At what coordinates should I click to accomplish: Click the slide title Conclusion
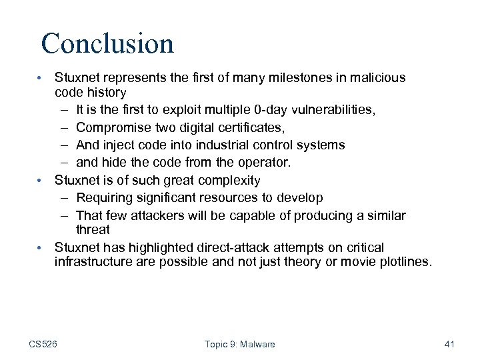(x=107, y=44)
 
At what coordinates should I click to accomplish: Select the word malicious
(x=374, y=78)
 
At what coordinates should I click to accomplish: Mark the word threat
(x=93, y=230)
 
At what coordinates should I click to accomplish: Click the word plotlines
(x=402, y=262)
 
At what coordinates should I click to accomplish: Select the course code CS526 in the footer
(x=43, y=344)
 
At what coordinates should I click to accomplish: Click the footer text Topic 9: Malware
(x=239, y=344)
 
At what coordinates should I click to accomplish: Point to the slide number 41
(x=449, y=344)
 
